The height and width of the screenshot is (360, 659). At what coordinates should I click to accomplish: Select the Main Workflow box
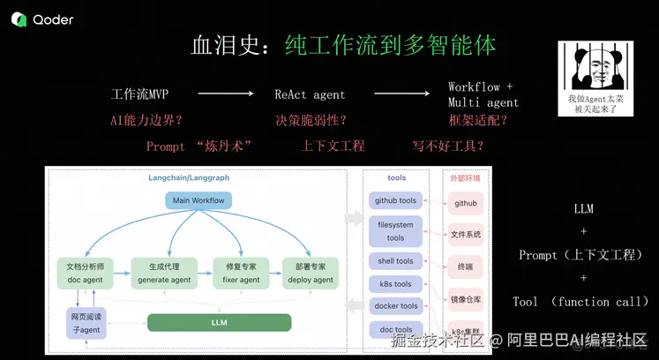click(198, 200)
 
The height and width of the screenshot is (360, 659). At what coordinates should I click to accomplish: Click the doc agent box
click(86, 273)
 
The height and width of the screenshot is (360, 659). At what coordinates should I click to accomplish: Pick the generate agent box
click(164, 273)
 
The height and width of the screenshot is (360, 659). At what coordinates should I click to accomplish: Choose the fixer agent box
click(241, 273)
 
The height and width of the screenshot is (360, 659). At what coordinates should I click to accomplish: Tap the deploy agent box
click(311, 273)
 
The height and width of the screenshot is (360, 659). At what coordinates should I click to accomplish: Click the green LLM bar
click(219, 323)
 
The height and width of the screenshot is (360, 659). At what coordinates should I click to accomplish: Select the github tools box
click(395, 200)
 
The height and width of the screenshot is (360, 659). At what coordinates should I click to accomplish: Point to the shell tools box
click(395, 261)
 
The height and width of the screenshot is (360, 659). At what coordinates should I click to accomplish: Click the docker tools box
click(395, 306)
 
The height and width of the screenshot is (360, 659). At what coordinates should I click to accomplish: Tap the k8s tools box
click(395, 284)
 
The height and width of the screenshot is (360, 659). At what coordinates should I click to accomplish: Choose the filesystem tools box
click(395, 231)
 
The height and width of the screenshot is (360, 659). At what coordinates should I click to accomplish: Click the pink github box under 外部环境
click(466, 203)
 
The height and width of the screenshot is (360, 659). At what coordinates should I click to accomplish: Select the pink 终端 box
click(466, 266)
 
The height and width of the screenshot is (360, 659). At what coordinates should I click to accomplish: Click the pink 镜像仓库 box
click(466, 299)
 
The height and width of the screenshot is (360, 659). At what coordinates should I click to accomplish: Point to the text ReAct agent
click(310, 94)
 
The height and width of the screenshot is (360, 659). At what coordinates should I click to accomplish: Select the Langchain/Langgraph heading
click(188, 177)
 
